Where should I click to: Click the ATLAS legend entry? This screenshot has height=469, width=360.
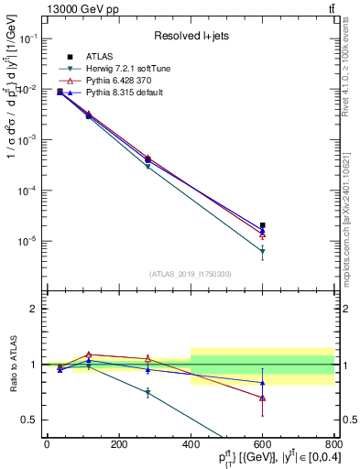99,56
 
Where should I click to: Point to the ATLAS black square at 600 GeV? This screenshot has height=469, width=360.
262,224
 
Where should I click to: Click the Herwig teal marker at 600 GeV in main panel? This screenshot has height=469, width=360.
262,251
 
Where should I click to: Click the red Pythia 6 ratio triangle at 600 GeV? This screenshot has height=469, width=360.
262,398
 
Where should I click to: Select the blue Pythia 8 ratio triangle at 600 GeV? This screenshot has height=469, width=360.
262,382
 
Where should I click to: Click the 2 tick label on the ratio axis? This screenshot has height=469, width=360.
35,309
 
